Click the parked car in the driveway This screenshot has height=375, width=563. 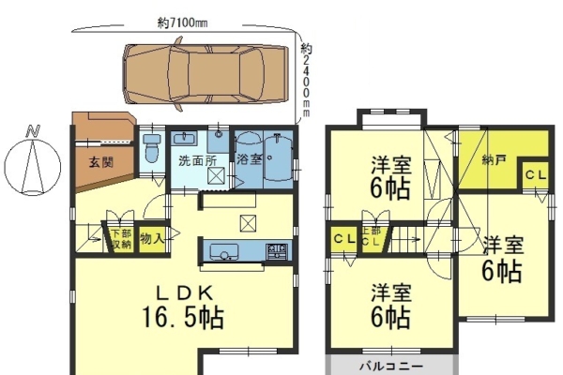click(205, 74)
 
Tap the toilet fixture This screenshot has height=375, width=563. click(152, 148)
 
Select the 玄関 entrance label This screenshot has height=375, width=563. click(101, 162)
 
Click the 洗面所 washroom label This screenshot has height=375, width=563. click(198, 160)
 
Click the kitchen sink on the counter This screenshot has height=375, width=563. click(224, 252)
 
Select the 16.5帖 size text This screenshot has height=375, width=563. click(183, 318)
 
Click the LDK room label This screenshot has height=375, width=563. click(185, 293)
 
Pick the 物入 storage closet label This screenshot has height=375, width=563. click(152, 238)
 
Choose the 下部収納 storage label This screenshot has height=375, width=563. click(121, 239)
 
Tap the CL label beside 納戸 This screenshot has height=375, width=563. click(536, 175)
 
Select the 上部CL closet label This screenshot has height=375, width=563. click(372, 236)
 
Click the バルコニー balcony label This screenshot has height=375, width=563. click(391, 367)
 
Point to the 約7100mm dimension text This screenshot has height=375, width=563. click(183, 22)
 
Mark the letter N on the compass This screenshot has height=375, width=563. click(33, 131)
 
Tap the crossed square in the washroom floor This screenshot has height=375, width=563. click(216, 176)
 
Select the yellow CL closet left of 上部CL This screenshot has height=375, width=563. click(344, 239)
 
